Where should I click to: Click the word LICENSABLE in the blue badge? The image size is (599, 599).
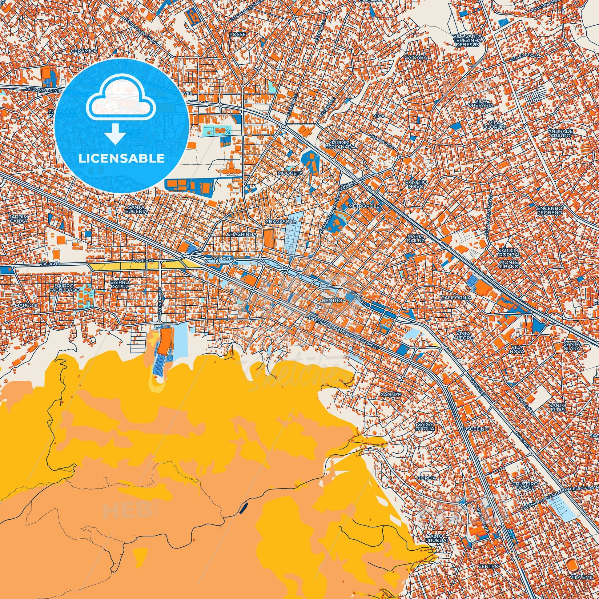(x=121, y=159)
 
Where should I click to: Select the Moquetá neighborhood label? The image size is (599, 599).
(x=291, y=173)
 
